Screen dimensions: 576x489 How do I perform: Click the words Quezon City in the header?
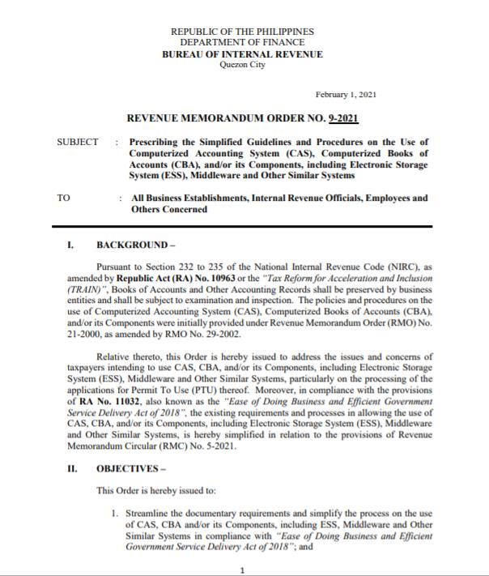(x=242, y=65)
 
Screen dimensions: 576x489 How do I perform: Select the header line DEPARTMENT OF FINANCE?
(x=242, y=42)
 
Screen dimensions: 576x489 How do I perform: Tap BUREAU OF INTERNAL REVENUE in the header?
(x=242, y=54)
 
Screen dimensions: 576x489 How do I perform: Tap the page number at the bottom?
(x=242, y=570)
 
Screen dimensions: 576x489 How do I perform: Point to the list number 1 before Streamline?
(x=116, y=514)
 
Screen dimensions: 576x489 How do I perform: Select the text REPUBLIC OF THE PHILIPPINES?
(x=242, y=31)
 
